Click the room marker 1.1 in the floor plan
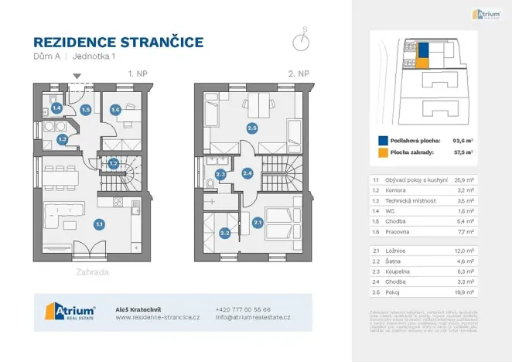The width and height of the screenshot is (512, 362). (99, 224)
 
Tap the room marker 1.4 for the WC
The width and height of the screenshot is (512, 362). (57, 109)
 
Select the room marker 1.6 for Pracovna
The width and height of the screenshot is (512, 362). (115, 110)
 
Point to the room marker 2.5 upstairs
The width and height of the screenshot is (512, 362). (251, 128)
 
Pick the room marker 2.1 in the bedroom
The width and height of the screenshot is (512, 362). (258, 223)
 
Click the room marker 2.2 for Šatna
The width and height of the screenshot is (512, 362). (225, 232)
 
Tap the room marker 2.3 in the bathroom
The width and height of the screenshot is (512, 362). (220, 175)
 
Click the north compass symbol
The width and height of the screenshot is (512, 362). (304, 40)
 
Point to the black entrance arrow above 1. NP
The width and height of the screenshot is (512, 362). (77, 76)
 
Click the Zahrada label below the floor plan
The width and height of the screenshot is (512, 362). (92, 272)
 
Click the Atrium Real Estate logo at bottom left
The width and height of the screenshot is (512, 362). (70, 312)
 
